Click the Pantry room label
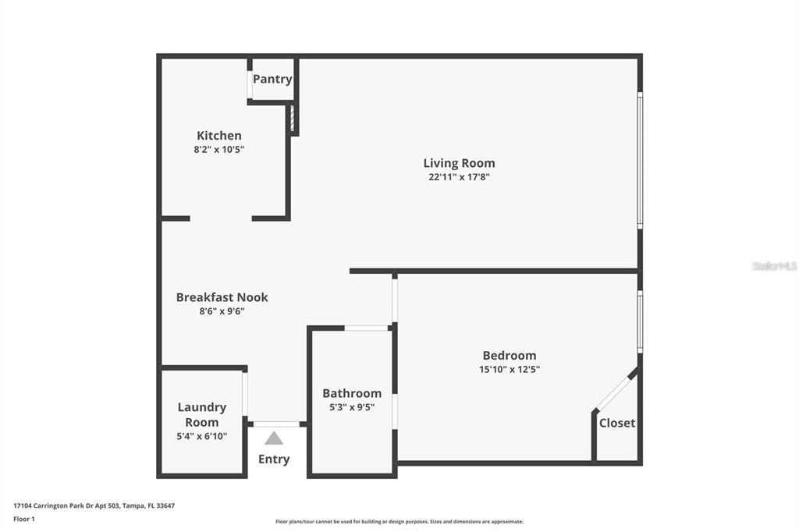coord(272,79)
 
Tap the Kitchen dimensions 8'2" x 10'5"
coord(219,149)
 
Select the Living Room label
coord(459,163)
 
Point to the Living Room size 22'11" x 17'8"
coord(459,177)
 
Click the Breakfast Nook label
coord(222,297)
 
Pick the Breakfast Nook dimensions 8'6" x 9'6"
coord(222,310)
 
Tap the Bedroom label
coord(510,355)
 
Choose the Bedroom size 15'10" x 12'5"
coord(510,369)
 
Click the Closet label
coord(617,423)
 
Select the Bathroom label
coord(352,393)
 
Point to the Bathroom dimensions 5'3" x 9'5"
coord(352,407)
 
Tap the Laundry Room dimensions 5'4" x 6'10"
coord(202,436)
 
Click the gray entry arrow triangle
coord(274,438)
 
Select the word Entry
coord(274,459)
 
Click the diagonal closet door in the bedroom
coord(615,391)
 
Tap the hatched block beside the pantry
coord(293,119)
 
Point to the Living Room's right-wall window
coord(640,160)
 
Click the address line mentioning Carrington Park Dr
coord(94,506)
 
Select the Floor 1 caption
coord(24,520)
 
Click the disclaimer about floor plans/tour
coord(399,522)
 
